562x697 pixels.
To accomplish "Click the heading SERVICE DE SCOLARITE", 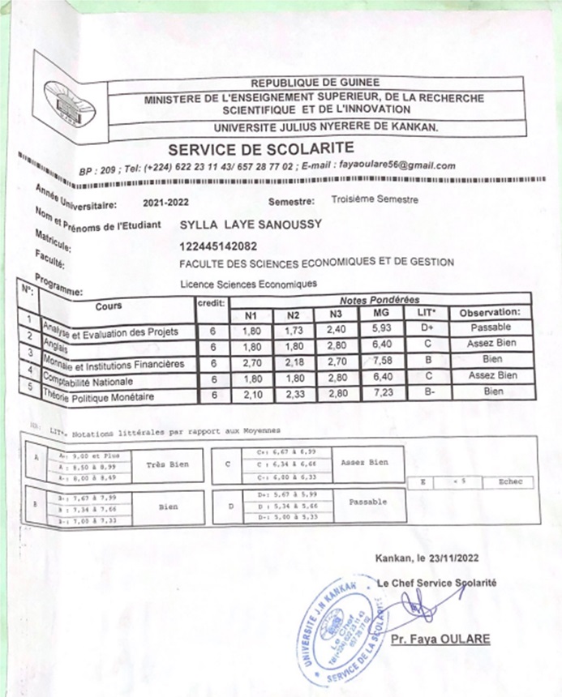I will click(x=260, y=148).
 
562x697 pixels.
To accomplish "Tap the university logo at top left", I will click(x=67, y=98).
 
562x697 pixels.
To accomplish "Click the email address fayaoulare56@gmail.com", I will click(x=397, y=165).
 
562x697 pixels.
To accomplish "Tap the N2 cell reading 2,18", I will click(x=293, y=361).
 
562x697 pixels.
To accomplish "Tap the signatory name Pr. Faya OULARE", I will click(x=440, y=639).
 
